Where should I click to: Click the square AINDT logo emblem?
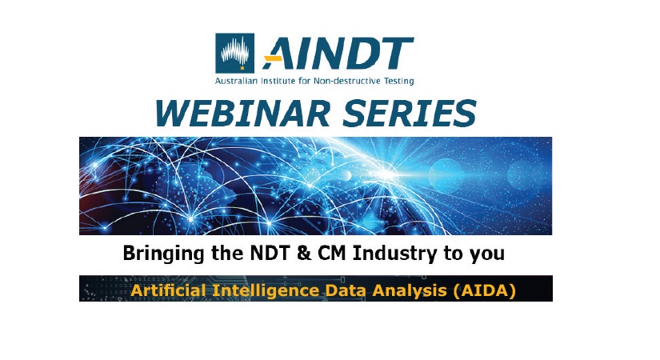click(x=235, y=53)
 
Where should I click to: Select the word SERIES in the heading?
click(x=413, y=114)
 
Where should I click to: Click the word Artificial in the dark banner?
click(x=165, y=290)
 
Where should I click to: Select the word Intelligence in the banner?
click(x=251, y=290)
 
